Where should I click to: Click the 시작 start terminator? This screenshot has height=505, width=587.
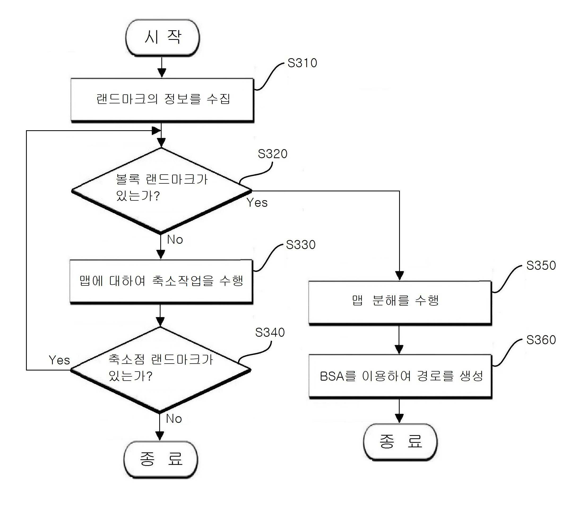point(163,37)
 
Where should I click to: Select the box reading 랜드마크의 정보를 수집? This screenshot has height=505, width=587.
point(162,100)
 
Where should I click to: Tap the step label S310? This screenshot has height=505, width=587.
point(302,63)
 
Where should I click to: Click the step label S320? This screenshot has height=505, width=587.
point(273,154)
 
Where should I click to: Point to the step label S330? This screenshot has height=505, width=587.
point(301,245)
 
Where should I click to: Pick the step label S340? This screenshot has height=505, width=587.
point(270,332)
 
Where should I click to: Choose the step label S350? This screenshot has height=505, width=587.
point(541,266)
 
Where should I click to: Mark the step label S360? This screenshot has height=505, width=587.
point(541,340)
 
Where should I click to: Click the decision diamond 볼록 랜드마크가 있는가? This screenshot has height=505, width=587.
point(162,191)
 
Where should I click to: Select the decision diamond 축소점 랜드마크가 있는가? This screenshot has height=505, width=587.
point(160,370)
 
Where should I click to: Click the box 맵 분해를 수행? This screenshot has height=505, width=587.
point(400,303)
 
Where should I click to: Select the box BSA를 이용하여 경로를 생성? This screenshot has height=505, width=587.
point(400,376)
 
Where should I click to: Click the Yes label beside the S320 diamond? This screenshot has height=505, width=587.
point(257,203)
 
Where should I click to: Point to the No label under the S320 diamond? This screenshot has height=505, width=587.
point(175,240)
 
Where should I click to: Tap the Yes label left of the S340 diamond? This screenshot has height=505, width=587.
point(59,360)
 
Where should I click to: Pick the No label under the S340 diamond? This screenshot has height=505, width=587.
point(174,419)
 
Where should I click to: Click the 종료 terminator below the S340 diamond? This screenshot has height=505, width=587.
point(161,460)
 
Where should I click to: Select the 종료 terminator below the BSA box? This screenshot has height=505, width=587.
point(400,442)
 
